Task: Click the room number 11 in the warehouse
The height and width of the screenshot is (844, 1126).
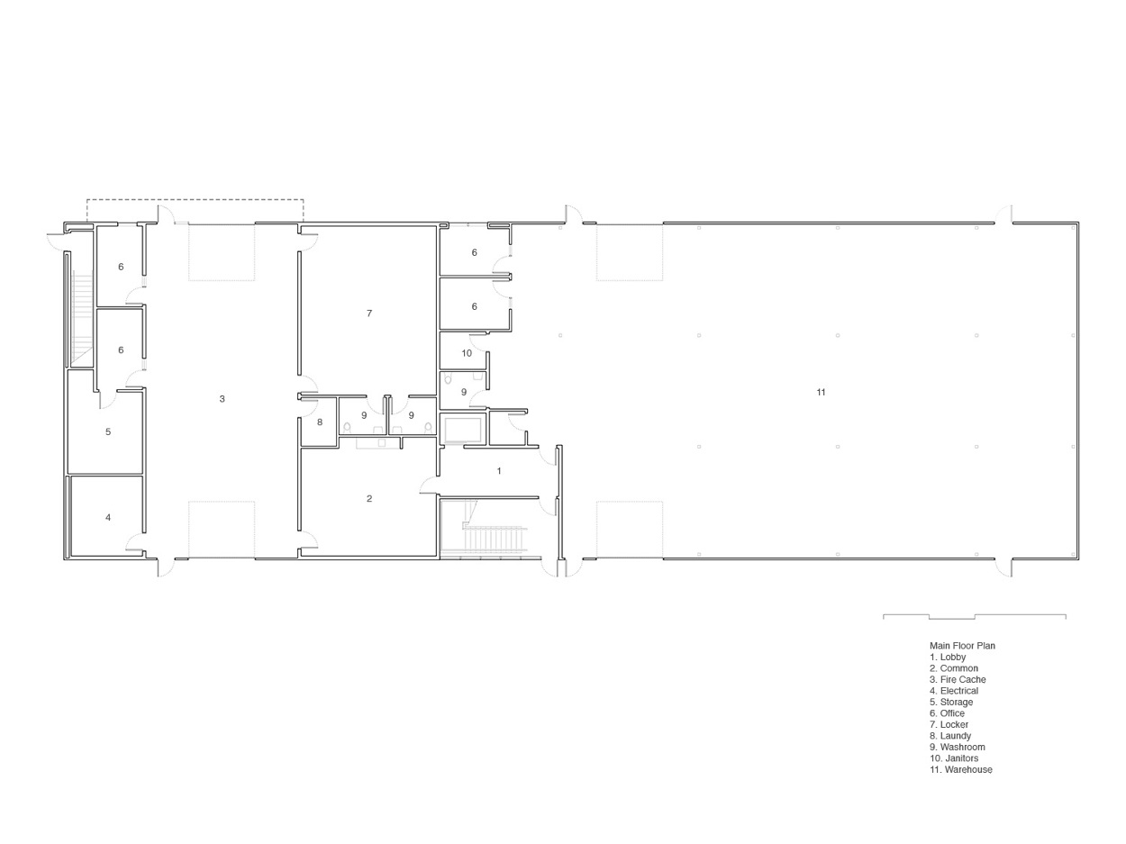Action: coord(821,393)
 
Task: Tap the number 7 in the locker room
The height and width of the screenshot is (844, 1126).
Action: coord(369,313)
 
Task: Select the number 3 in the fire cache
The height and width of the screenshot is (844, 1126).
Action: coord(222,399)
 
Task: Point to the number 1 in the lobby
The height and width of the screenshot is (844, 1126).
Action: coord(499,471)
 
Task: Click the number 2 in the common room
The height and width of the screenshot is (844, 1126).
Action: coord(369,499)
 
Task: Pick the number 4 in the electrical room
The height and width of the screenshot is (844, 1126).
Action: coord(108,518)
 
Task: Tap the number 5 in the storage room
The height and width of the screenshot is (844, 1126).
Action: coord(108,432)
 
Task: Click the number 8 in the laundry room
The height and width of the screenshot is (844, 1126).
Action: coord(320,422)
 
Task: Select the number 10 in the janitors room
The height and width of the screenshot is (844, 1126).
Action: coord(467,353)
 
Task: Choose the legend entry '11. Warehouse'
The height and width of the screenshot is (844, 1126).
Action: coord(960,770)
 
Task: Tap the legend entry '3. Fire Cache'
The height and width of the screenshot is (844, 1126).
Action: coord(958,680)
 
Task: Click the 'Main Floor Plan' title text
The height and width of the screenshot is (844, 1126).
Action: coord(962,646)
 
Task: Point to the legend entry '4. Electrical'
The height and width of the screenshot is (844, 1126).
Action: coord(953,691)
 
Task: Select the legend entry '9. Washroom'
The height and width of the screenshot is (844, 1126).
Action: coord(957,748)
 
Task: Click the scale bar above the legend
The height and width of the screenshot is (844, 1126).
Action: coord(974,617)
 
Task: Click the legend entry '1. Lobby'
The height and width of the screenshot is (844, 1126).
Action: coord(948,658)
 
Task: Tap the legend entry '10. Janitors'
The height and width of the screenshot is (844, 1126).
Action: coord(954,758)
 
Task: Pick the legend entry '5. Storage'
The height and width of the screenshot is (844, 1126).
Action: coord(951,703)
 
